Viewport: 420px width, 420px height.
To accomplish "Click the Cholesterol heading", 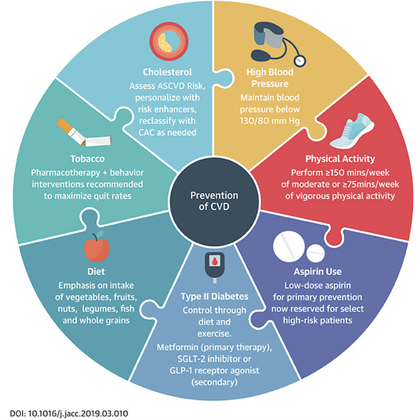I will (167, 72).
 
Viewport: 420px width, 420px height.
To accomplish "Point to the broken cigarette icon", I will (84, 133).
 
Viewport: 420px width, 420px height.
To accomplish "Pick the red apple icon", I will (97, 247).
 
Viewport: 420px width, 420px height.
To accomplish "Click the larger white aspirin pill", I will (289, 247).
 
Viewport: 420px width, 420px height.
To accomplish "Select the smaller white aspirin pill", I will (316, 253).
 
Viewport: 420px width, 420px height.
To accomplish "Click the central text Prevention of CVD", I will (214, 201).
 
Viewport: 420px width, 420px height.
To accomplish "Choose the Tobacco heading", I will (88, 159).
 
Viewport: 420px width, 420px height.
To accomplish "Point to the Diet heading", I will (96, 272).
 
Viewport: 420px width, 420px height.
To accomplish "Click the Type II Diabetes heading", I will (214, 297).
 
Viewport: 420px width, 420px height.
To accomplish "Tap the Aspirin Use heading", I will (318, 272).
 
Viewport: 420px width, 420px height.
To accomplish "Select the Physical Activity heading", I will (340, 159).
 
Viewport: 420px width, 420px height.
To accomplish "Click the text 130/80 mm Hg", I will (270, 121).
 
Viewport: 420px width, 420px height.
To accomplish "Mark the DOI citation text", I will (69, 413).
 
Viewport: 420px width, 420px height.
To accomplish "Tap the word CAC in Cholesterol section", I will (146, 133).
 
